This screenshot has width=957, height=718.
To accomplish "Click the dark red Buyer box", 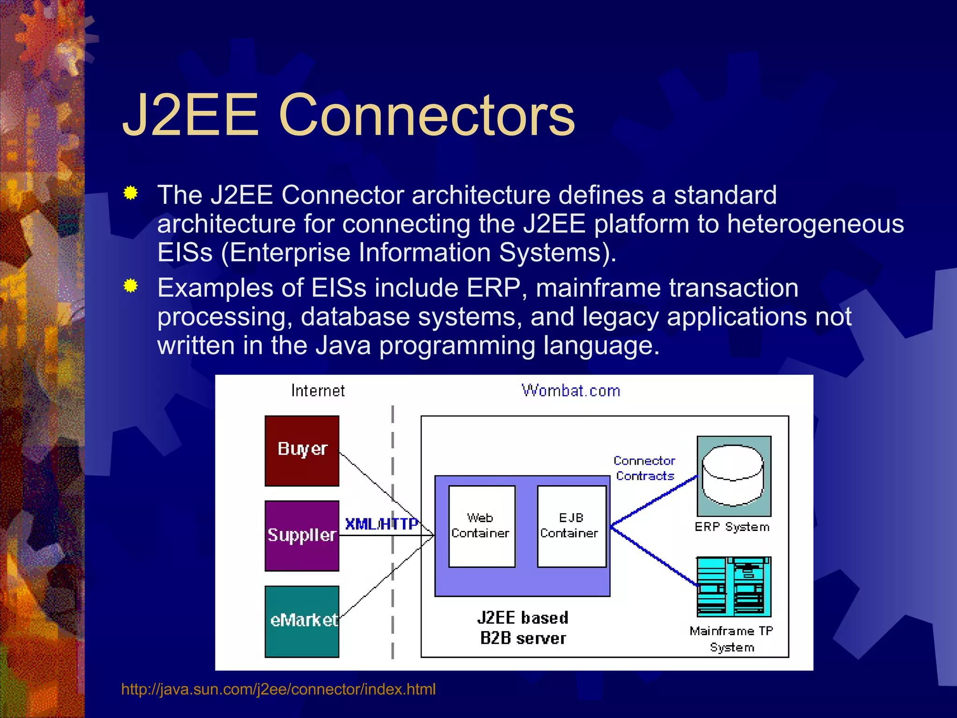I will [302, 450].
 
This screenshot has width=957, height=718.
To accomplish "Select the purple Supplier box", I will [302, 536].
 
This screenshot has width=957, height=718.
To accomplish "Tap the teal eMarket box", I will [302, 621].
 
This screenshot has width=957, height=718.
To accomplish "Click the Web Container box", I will [481, 526].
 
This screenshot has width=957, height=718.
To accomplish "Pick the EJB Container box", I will [571, 526].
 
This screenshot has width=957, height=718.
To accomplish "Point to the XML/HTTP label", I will [381, 524].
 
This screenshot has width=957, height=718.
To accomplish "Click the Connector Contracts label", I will [644, 468].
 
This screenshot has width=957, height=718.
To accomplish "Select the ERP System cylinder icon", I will [733, 476].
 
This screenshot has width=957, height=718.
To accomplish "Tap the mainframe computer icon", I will [733, 587].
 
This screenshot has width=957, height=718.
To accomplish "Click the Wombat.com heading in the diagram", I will [571, 390].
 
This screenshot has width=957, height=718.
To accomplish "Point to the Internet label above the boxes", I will [318, 390].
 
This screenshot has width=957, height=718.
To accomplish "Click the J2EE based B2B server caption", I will [522, 628].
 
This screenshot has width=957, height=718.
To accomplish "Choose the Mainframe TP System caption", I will [731, 639].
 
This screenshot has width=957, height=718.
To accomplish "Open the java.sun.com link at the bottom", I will [278, 689].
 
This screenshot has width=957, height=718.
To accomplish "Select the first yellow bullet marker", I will [131, 193].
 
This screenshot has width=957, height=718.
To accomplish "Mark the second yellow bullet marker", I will [131, 286].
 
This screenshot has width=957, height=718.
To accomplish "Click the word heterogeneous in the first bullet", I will [815, 223].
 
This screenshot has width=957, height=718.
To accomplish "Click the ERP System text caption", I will [731, 527].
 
